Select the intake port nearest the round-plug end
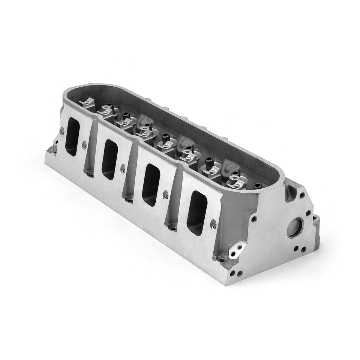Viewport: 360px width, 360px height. [197, 212]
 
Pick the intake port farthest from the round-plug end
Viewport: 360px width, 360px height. [72, 136]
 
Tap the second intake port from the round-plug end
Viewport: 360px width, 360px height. [151, 184]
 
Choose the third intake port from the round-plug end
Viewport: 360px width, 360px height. [109, 159]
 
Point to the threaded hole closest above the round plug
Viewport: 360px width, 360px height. [308, 213]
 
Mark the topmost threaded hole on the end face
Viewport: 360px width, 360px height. [302, 195]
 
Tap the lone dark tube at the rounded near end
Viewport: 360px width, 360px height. [258, 186]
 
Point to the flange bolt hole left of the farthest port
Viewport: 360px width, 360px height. [62, 132]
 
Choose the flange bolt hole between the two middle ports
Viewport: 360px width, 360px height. [123, 169]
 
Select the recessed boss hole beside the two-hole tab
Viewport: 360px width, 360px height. [222, 258]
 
